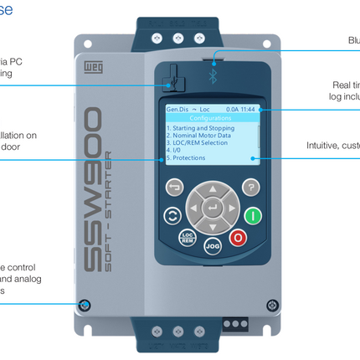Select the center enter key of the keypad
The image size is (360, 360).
213,207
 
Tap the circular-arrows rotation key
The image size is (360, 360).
173,215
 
